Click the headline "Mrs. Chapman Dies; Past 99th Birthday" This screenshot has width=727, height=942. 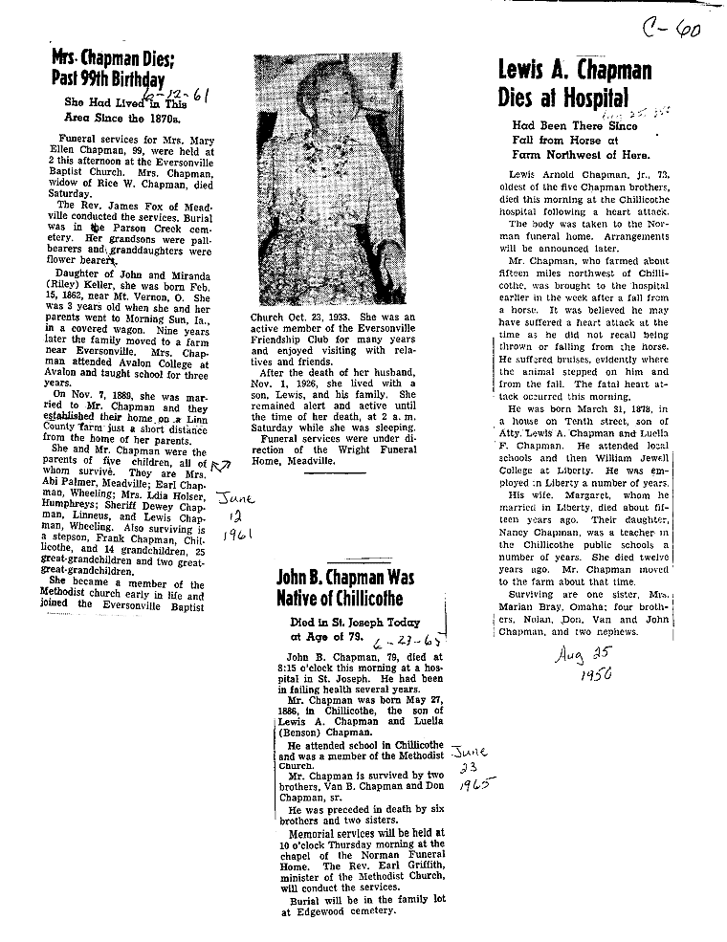[x=107, y=68]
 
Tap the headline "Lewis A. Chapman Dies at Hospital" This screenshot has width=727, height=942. [x=574, y=82]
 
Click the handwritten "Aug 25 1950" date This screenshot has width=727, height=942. [x=580, y=664]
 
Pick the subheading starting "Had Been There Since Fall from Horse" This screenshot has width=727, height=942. [x=580, y=140]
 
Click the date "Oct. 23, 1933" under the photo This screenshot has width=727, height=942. [x=319, y=317]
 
